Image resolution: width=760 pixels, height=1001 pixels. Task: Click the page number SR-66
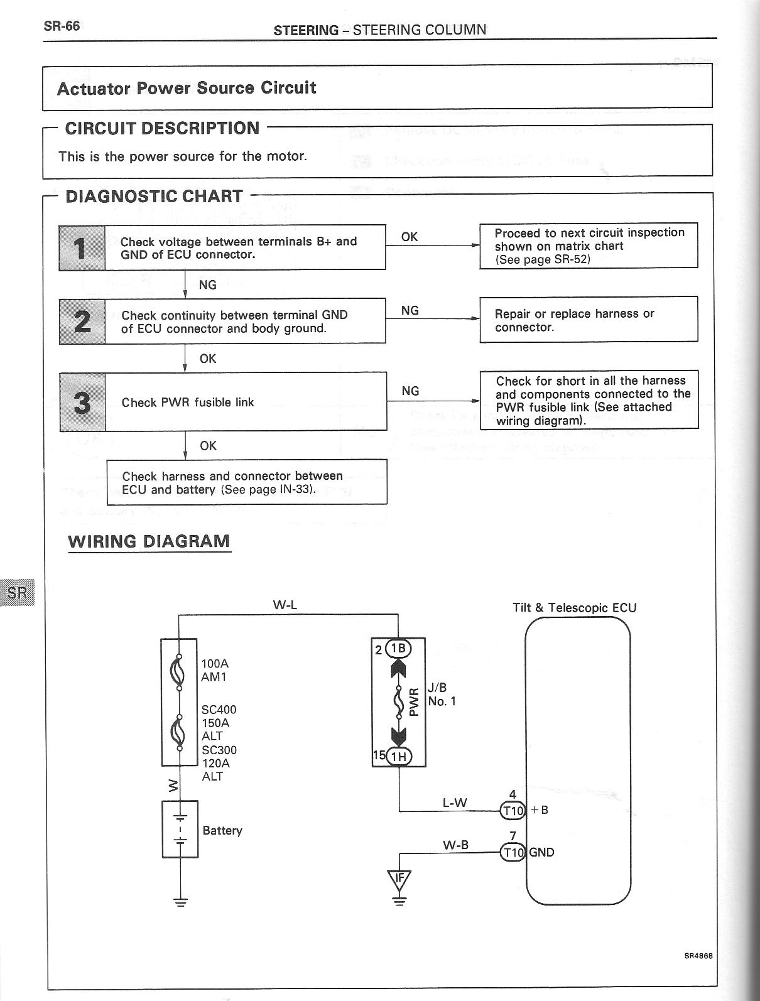point(62,26)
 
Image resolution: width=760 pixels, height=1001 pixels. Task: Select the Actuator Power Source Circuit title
point(187,88)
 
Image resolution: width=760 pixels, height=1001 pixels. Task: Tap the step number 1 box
point(82,248)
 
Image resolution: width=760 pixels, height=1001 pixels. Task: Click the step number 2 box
point(82,322)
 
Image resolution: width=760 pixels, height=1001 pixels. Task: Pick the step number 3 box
point(82,402)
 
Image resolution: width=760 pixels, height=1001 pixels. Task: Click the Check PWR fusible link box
point(245,402)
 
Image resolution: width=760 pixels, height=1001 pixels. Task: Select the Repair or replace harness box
point(589,320)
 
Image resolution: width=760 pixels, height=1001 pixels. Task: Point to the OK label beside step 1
point(410,237)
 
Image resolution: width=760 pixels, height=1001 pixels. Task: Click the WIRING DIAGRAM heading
point(149,541)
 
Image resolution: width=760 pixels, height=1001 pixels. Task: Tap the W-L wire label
point(285,605)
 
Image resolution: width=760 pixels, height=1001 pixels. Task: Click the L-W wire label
point(455,803)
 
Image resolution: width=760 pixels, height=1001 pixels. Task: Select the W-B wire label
point(455,845)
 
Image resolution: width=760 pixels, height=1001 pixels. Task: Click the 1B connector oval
point(398,649)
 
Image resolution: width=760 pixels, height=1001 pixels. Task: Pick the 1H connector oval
point(398,757)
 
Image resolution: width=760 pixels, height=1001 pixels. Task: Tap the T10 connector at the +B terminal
point(513,811)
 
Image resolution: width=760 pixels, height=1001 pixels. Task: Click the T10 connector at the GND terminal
point(513,852)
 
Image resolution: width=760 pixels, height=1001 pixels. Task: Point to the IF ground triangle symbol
point(399,879)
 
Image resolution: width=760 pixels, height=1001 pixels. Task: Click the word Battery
point(222,830)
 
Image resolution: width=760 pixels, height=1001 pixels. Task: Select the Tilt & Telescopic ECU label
point(574,608)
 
